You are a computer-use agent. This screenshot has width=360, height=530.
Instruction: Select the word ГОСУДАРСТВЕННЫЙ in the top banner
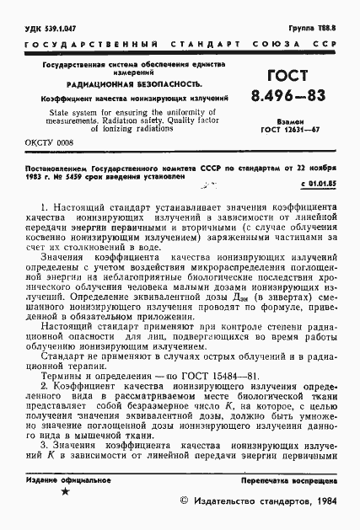coord(81,42)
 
